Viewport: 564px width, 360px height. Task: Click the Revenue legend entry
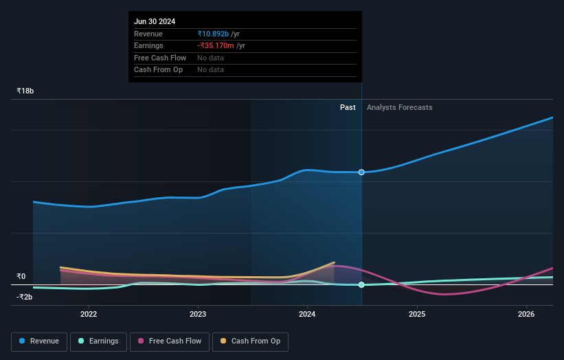click(39, 341)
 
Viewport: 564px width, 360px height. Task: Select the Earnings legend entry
click(98, 341)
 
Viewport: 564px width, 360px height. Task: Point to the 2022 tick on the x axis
click(89, 314)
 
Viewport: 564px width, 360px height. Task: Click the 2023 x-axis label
click(198, 314)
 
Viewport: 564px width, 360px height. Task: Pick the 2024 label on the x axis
click(307, 314)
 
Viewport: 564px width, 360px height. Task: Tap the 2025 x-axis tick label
click(417, 314)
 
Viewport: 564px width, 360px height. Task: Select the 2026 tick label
click(526, 314)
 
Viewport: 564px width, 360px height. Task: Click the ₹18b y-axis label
click(25, 91)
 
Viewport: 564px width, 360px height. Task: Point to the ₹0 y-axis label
click(21, 277)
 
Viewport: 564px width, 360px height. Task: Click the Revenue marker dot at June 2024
click(361, 172)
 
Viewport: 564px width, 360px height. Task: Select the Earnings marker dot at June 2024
click(361, 284)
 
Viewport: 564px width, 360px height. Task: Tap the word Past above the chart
click(348, 107)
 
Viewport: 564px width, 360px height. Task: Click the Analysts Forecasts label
click(400, 107)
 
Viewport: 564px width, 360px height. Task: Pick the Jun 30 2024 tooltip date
click(155, 21)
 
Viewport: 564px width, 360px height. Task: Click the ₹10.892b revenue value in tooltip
click(213, 34)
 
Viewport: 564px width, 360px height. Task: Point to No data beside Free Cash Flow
click(210, 58)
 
